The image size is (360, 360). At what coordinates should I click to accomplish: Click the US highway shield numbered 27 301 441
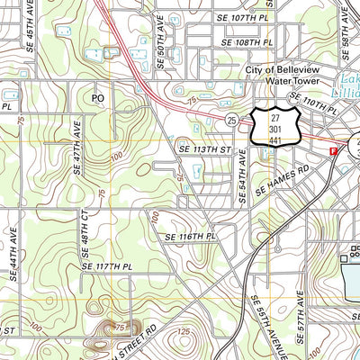click(x=273, y=128)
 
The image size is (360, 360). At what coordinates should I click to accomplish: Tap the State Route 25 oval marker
click(x=231, y=120)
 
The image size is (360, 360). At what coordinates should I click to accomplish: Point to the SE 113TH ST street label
click(x=205, y=149)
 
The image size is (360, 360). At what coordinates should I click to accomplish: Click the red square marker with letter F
click(x=333, y=150)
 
